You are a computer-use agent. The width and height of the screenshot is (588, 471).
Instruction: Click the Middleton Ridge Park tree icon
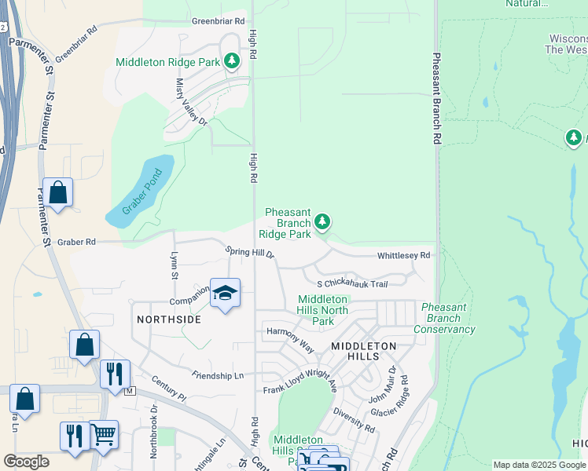pos(231,60)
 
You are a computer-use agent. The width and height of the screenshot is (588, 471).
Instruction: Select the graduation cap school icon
pos(226,293)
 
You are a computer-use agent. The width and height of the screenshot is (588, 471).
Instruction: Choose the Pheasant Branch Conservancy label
pos(448,318)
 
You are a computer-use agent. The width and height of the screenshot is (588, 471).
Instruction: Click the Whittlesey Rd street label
pos(403,256)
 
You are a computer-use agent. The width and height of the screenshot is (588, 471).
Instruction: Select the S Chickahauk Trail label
pos(352,284)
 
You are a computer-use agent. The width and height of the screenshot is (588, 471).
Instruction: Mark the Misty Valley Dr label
pos(190,101)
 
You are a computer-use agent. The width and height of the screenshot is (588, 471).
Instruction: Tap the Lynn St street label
pos(174,265)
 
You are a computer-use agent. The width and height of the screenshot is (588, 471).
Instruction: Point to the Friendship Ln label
pos(217,376)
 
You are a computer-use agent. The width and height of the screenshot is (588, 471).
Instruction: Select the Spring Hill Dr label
pos(249,252)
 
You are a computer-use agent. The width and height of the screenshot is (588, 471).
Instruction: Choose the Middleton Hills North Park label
pos(323,310)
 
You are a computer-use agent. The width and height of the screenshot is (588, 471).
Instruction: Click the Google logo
pos(26,462)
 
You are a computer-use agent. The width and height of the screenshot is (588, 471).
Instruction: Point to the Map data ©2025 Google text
pos(539,465)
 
